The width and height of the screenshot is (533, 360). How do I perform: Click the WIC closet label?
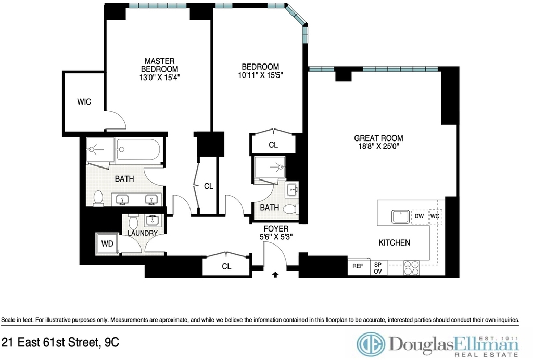point(84,102)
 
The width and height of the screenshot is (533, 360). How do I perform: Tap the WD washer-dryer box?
point(107,243)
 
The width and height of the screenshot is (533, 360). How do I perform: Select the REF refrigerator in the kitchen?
point(358,266)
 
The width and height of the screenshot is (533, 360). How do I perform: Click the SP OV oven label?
point(378,268)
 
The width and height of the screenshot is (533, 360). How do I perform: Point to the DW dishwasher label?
point(419,216)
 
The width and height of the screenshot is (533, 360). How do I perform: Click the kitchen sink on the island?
point(401,216)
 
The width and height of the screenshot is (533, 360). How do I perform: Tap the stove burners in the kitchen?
point(411,267)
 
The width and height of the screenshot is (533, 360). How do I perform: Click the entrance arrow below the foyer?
point(275,274)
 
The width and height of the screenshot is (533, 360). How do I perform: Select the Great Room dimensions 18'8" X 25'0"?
point(379,146)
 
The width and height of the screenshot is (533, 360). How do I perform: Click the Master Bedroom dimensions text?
point(159,77)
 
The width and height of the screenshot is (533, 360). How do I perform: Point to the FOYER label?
point(276,229)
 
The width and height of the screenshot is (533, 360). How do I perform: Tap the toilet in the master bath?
point(98,198)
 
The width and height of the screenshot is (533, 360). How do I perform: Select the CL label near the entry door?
point(226,266)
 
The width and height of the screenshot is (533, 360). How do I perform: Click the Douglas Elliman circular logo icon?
point(371,344)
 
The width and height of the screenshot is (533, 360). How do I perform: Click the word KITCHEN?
point(395,242)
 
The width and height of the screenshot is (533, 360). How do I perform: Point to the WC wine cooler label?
point(435,216)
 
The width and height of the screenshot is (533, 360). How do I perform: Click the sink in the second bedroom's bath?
point(292,189)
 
